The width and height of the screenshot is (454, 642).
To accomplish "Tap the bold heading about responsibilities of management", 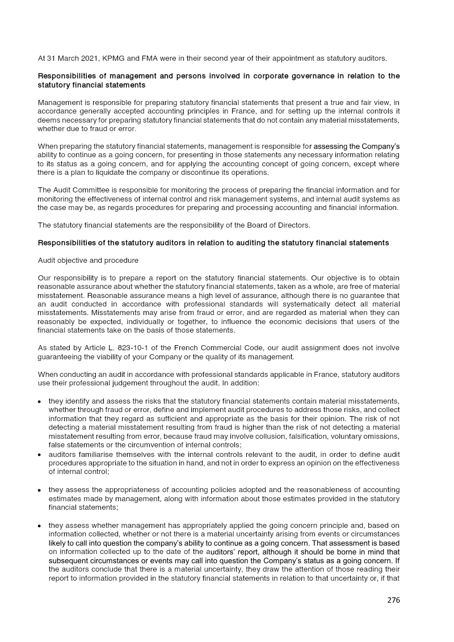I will (218, 80).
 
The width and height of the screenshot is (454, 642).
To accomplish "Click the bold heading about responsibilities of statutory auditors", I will (213, 242).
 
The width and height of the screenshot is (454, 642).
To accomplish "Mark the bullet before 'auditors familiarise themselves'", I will (39, 455).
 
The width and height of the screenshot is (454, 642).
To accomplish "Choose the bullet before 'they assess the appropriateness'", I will (39, 490).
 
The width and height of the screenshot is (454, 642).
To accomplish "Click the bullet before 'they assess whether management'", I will (39, 526).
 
